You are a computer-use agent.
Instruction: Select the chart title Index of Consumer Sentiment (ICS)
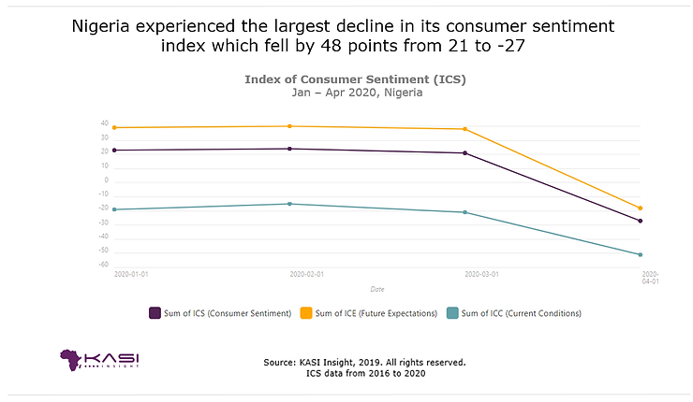[355, 79]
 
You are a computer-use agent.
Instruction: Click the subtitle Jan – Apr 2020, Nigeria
[355, 93]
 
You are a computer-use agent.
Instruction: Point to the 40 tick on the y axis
[105, 124]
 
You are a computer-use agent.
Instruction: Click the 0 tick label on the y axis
[107, 180]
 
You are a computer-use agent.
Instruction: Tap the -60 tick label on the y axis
[104, 265]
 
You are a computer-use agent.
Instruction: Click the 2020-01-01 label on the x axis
[131, 274]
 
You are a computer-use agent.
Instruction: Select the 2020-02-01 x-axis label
[306, 274]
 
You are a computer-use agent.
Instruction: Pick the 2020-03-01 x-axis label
[481, 274]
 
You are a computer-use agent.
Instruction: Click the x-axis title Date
[376, 289]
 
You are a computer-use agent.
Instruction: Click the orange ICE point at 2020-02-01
[290, 126]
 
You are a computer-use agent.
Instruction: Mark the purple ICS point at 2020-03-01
[465, 152]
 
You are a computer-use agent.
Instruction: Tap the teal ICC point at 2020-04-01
[641, 254]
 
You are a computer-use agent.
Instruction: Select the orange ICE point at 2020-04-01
[641, 208]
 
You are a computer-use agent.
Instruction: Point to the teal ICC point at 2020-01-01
[114, 209]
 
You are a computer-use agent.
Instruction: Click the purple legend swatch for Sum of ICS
[155, 313]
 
